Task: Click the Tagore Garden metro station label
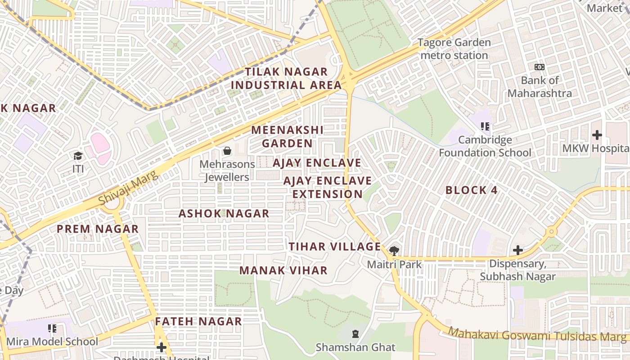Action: click(x=454, y=49)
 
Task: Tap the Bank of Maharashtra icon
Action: click(x=539, y=67)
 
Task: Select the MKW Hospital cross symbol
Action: click(x=597, y=135)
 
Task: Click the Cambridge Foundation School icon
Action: click(x=485, y=126)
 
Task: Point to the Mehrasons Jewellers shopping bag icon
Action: click(x=227, y=151)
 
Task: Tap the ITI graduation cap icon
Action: click(x=78, y=156)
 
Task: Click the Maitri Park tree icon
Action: click(x=394, y=251)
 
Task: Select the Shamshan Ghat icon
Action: click(x=355, y=334)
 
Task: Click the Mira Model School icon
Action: click(x=52, y=328)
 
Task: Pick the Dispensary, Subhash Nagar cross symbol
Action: click(x=518, y=250)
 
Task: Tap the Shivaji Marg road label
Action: click(x=129, y=188)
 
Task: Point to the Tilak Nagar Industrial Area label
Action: click(x=286, y=78)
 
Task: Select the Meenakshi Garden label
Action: click(x=287, y=137)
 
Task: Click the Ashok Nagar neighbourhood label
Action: click(x=224, y=213)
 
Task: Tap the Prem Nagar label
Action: click(x=98, y=229)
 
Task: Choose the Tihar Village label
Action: click(x=335, y=247)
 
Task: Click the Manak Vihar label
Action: click(x=283, y=270)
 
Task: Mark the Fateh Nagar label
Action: click(x=198, y=321)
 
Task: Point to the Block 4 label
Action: click(x=472, y=190)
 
